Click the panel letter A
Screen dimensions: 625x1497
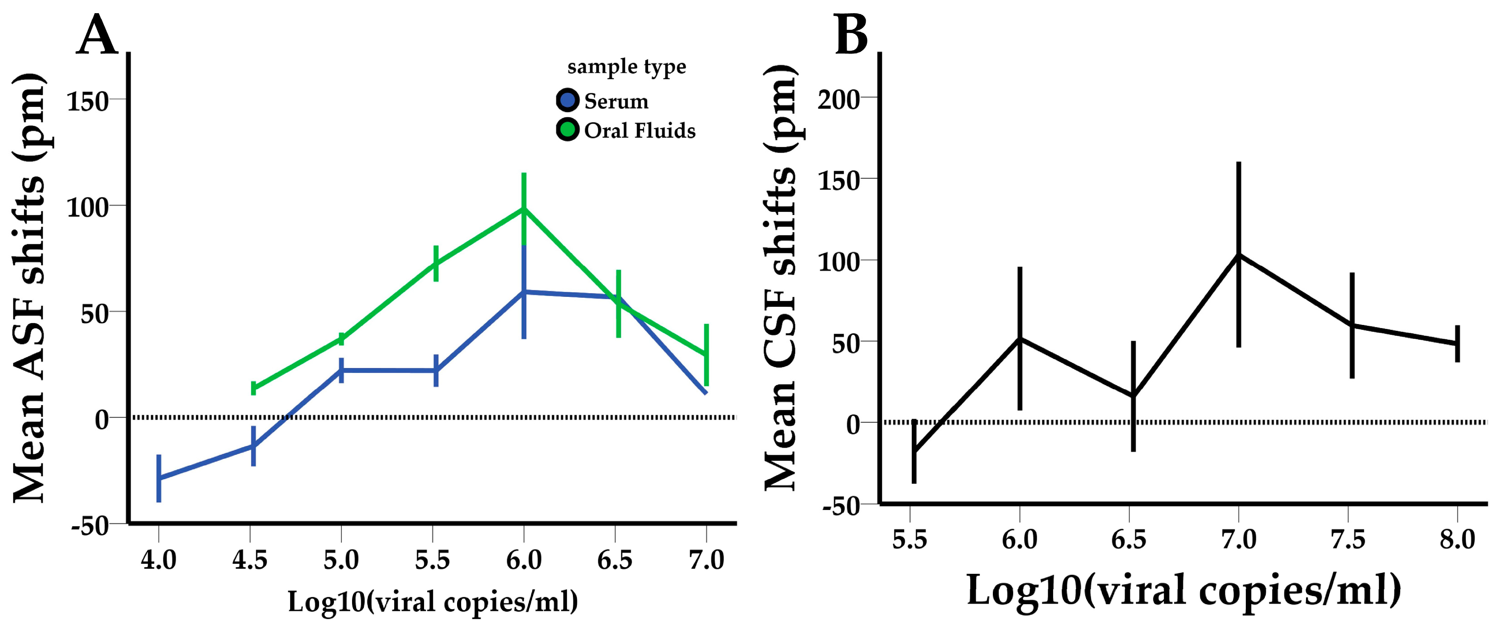96,35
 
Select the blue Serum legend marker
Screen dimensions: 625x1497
567,100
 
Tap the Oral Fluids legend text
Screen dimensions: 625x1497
639,130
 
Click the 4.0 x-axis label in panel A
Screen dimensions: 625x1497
159,559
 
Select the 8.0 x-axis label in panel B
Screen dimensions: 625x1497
1457,539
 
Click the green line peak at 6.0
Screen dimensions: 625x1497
524,209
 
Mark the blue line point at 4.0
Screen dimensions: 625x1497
159,478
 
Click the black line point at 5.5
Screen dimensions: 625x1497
914,451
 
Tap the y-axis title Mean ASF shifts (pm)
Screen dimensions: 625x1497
29,288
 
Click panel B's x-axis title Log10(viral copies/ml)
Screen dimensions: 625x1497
1183,590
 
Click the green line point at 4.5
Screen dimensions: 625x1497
253,388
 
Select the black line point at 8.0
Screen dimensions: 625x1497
1457,344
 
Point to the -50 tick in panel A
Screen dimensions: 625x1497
90,525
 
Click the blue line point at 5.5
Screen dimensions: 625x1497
436,370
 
